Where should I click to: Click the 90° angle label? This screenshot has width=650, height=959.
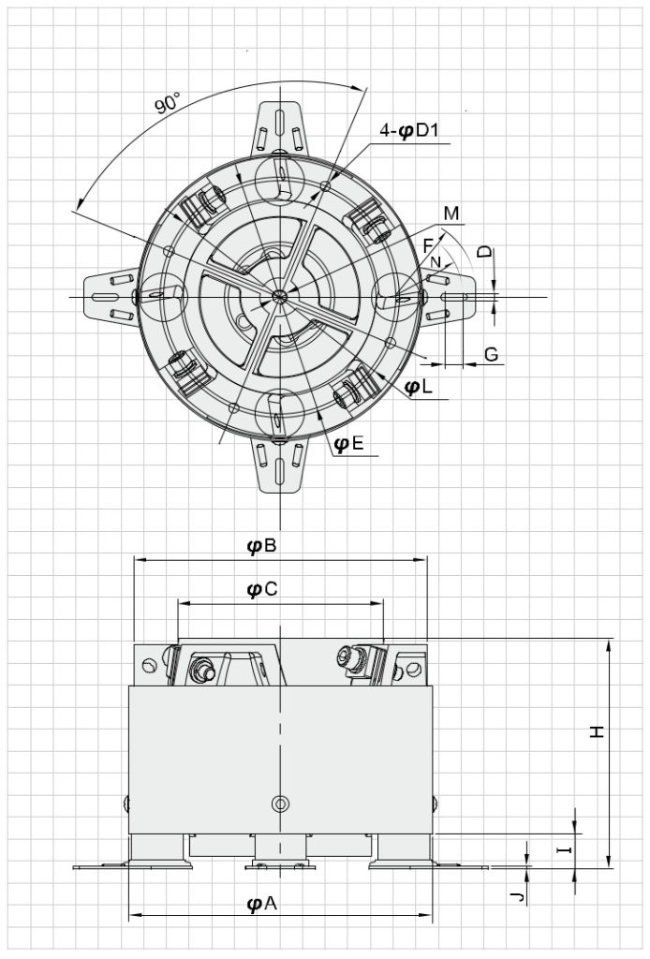(x=168, y=103)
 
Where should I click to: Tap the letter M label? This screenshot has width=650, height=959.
(x=451, y=214)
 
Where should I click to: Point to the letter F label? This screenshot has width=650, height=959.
(x=429, y=245)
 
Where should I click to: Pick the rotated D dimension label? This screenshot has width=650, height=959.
(x=483, y=252)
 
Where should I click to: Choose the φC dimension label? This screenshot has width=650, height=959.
(x=261, y=589)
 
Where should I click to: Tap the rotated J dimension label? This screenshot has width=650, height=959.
(x=514, y=897)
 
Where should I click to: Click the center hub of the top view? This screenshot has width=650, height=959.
(x=279, y=296)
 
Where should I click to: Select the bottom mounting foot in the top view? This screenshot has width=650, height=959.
(x=279, y=465)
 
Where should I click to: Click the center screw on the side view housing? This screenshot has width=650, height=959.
(x=279, y=804)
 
